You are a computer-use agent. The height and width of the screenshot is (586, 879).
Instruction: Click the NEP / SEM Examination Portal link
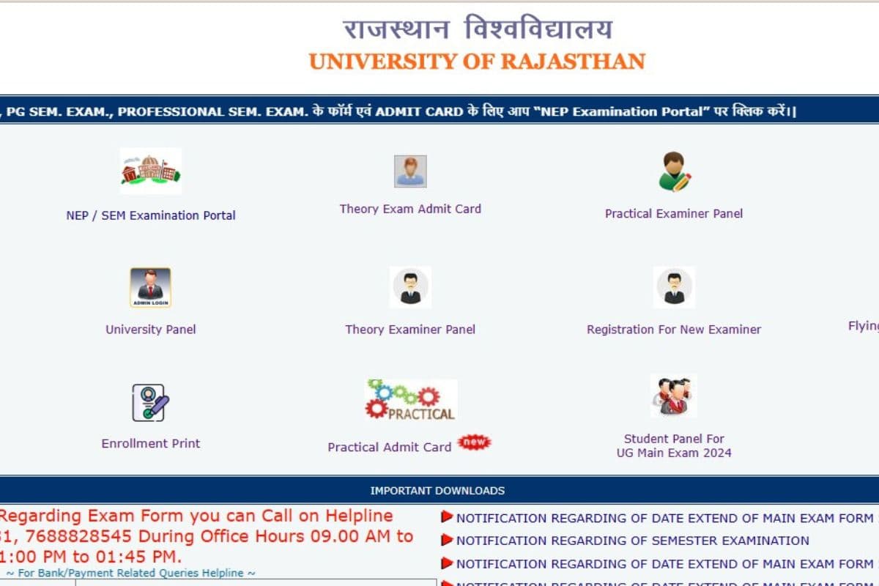click(x=151, y=215)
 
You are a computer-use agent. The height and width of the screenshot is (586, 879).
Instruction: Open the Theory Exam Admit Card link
click(x=410, y=209)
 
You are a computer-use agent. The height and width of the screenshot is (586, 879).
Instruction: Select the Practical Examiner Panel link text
click(x=674, y=214)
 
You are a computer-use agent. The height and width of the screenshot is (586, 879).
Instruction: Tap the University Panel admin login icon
click(x=150, y=287)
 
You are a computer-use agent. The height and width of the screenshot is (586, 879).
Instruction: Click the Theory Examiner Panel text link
click(x=410, y=330)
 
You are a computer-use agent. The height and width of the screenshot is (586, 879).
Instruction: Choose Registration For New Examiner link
click(x=674, y=330)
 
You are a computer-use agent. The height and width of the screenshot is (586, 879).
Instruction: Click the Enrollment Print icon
click(x=150, y=402)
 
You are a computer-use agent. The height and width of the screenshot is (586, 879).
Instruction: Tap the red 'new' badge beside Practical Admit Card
click(x=474, y=442)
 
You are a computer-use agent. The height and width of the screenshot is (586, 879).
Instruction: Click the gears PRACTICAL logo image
click(x=411, y=400)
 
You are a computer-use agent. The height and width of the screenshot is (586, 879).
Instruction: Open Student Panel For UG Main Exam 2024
click(x=674, y=445)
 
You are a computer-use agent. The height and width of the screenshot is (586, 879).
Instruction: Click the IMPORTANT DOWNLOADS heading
click(x=437, y=491)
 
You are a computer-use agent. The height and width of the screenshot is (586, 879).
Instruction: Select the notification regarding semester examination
click(x=632, y=541)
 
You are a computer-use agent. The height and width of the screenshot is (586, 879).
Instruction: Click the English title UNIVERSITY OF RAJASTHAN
click(x=477, y=62)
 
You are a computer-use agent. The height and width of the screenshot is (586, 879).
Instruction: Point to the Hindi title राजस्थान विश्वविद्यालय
click(x=477, y=29)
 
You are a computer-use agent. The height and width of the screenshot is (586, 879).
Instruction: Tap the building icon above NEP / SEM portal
click(x=151, y=171)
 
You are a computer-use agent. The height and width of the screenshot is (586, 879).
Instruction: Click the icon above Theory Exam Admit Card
click(x=410, y=171)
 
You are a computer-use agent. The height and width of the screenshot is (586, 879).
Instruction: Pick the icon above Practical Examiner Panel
click(x=674, y=171)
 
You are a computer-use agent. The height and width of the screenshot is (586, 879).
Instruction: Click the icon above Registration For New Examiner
click(x=674, y=287)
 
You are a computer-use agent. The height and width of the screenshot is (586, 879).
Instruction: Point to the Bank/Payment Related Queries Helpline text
click(x=131, y=573)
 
